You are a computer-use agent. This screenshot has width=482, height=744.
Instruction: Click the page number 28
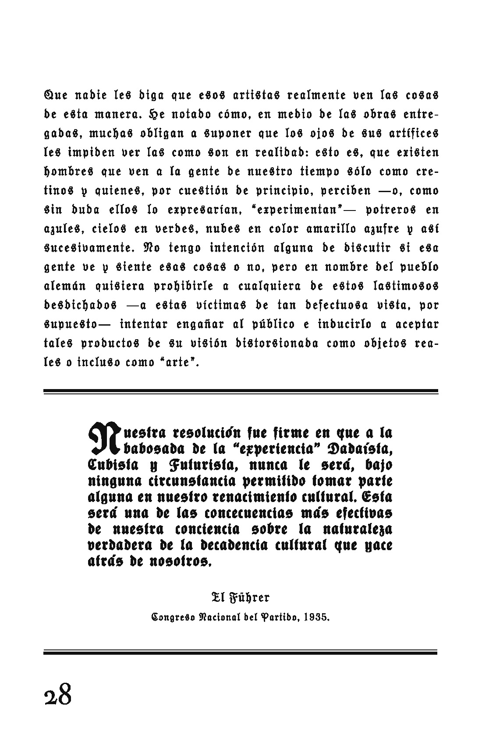click(x=57, y=695)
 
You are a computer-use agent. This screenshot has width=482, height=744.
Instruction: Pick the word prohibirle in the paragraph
click(x=184, y=286)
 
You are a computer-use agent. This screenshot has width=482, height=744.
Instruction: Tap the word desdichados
click(x=81, y=305)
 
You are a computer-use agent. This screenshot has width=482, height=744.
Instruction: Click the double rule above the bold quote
click(x=241, y=392)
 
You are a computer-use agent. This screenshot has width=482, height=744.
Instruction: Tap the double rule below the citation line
click(x=241, y=652)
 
